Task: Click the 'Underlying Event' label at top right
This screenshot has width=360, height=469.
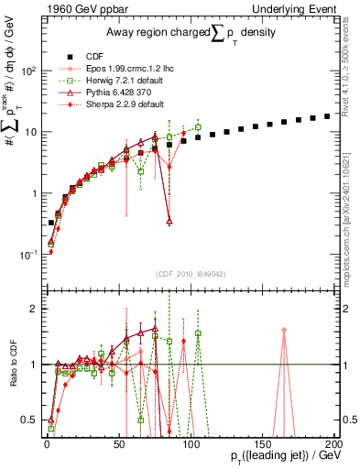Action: [x=296, y=8]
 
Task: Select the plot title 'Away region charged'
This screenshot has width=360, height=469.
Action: [x=174, y=34]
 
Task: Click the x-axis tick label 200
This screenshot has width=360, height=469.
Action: [x=333, y=442]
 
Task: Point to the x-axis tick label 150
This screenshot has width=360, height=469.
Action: [x=262, y=442]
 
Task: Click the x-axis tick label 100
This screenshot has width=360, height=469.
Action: [x=191, y=442]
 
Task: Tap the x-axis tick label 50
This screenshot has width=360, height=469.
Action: [x=119, y=442]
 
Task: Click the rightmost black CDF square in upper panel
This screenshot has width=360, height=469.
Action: [x=327, y=116]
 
